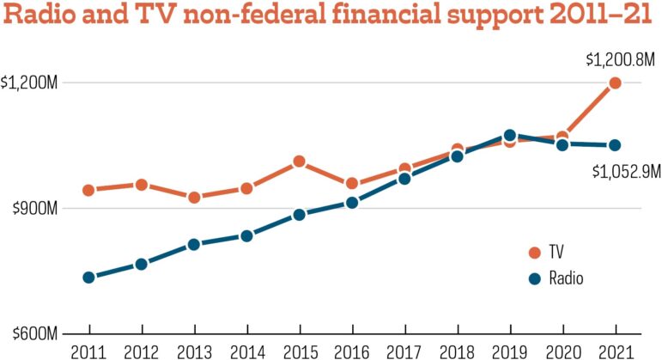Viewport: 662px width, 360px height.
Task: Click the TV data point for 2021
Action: pos(615,83)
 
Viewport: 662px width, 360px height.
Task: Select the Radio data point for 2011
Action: pos(88,278)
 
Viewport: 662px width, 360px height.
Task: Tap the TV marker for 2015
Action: pos(299,161)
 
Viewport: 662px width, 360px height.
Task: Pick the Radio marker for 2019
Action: pos(510,136)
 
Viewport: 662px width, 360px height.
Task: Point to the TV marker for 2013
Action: pos(194,198)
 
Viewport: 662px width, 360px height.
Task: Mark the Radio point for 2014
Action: pos(246,235)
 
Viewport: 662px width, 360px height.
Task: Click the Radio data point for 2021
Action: pos(615,145)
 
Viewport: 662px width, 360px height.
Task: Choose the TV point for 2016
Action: pos(351,184)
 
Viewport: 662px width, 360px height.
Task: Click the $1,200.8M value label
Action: pos(620,60)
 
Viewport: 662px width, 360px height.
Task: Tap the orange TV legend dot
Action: pos(534,253)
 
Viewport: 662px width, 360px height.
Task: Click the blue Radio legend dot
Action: pos(534,278)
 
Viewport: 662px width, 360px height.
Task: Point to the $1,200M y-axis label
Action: pos(30,83)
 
